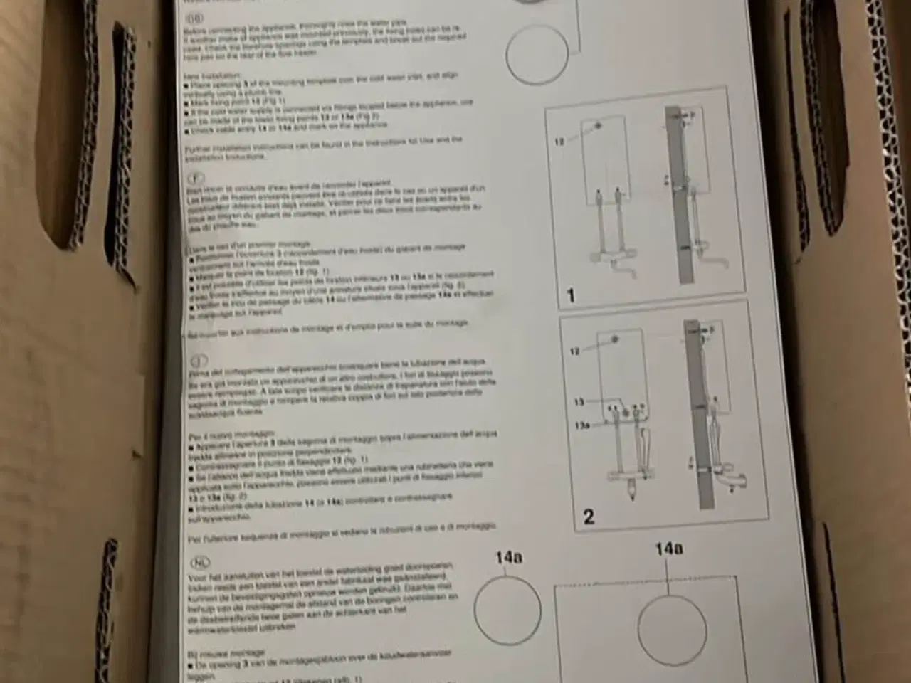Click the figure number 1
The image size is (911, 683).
coord(570,295)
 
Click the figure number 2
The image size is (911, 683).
coord(589,516)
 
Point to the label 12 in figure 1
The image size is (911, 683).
coord(560,142)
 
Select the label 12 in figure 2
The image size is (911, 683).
coord(576,351)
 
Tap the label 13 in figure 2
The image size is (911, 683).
coord(579,403)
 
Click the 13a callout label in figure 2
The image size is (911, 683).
coord(582,425)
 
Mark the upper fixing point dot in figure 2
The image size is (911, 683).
coord(616,339)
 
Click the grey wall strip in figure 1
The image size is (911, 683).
coord(680,199)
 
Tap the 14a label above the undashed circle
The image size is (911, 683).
coord(508,557)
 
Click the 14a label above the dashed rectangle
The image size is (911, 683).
coord(669,549)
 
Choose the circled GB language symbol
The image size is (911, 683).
coord(193,17)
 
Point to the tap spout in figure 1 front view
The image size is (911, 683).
coord(625,271)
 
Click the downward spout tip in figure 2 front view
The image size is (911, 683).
coord(631,492)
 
